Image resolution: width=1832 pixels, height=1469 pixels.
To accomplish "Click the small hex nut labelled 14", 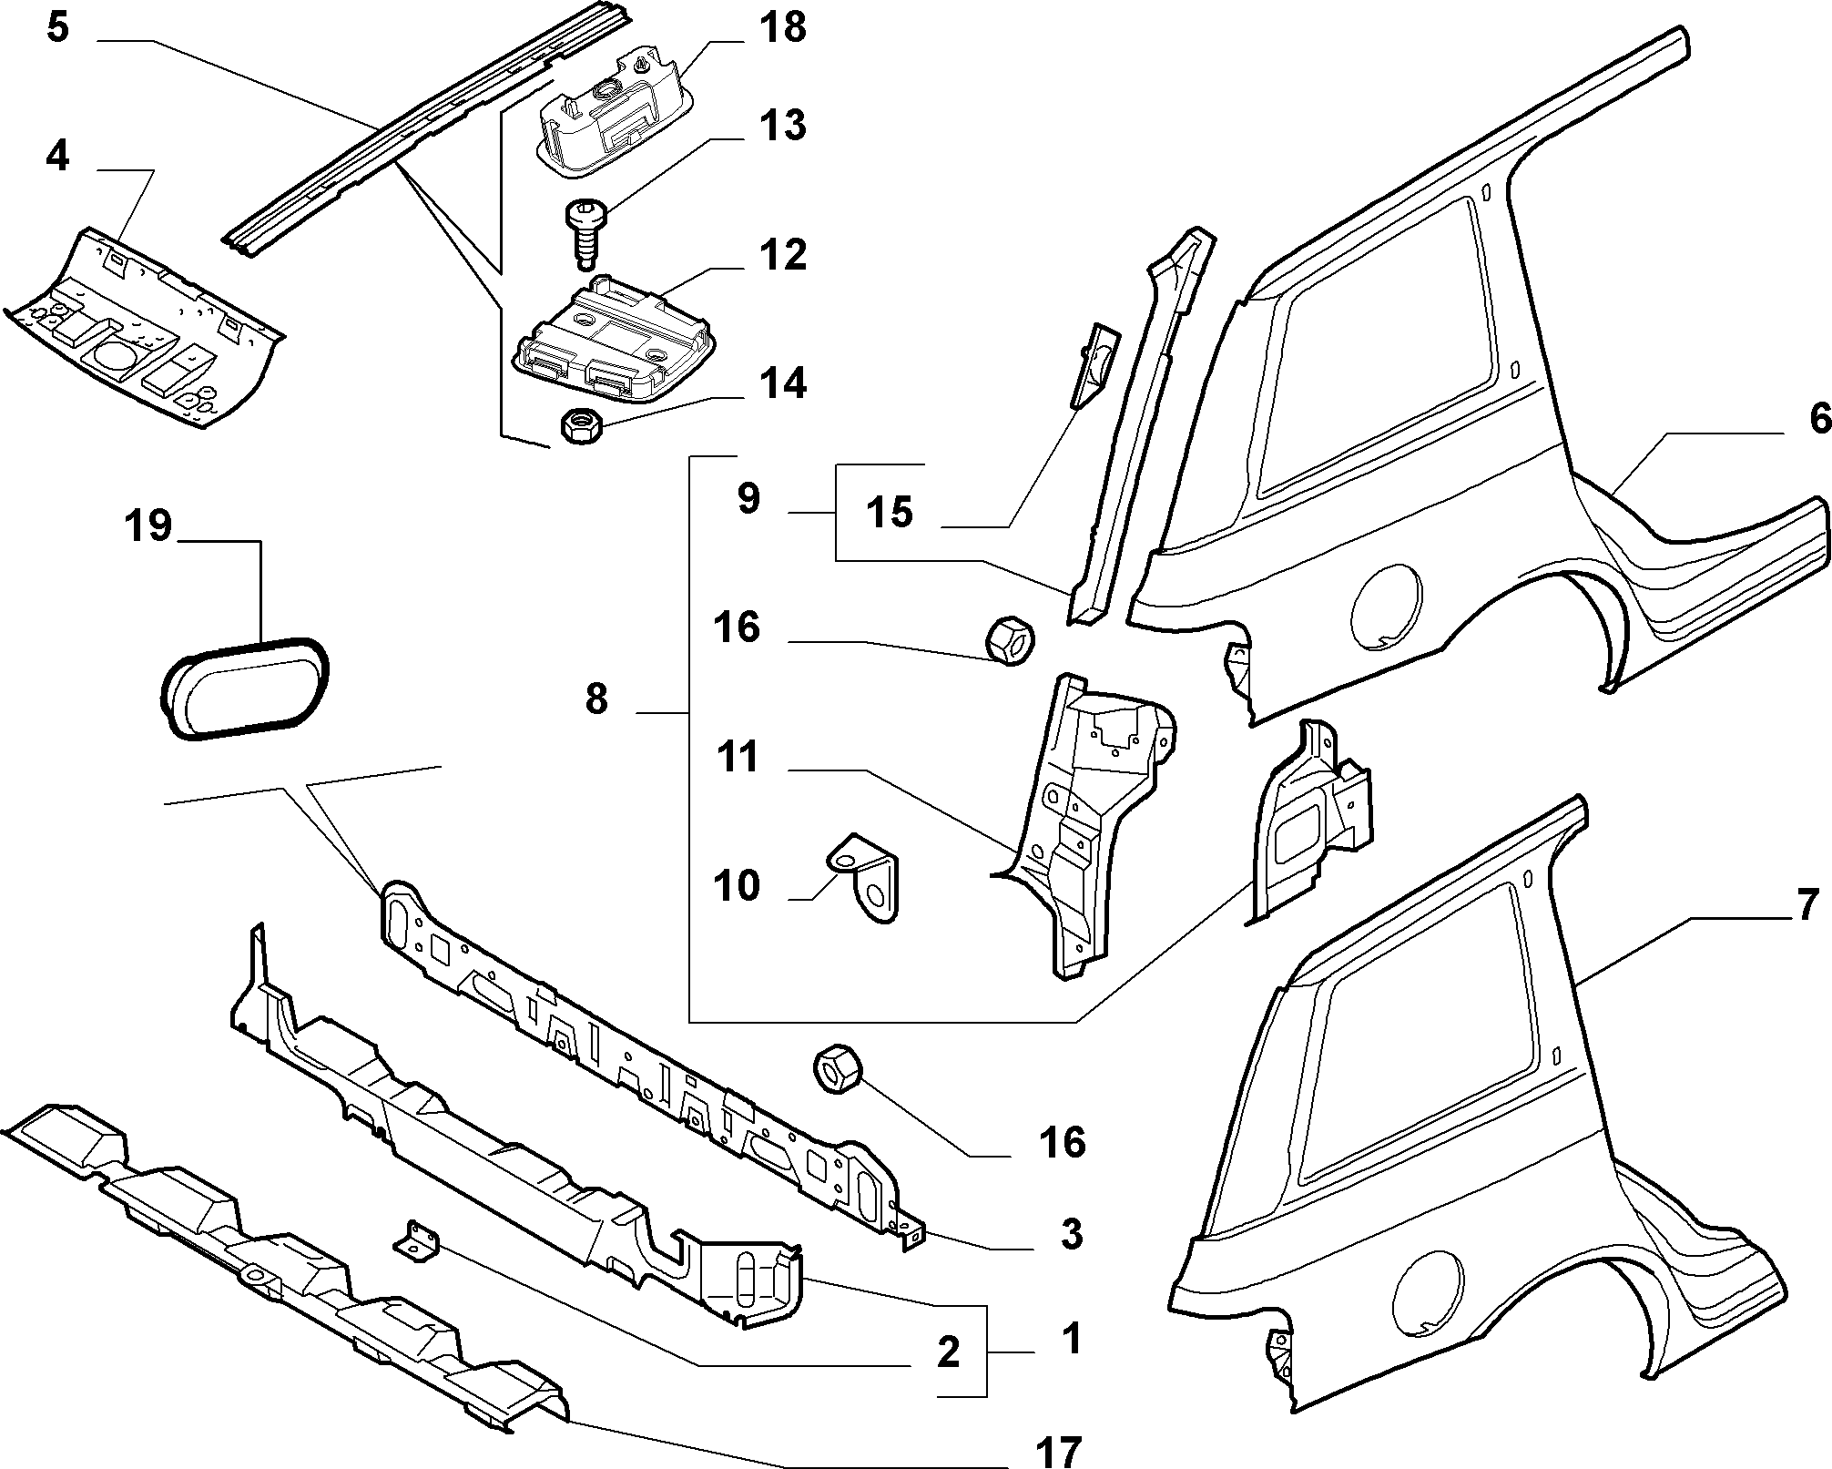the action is coord(579,425).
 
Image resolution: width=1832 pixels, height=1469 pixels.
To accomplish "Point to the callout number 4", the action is coord(57,157).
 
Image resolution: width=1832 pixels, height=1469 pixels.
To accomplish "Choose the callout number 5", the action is coord(57,27).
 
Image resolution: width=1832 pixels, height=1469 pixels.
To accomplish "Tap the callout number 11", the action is coord(737,756).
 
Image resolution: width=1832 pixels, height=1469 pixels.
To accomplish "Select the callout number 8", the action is coord(595,699).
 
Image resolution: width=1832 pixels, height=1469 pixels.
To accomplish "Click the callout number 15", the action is coord(890,512).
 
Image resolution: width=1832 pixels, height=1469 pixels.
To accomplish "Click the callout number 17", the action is coord(1060,1449).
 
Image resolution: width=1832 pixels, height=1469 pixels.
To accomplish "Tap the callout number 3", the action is coord(1072,1234).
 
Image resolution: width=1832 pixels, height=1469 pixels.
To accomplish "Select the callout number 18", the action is coord(782,27).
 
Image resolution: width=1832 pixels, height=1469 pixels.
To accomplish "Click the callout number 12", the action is coord(782,254).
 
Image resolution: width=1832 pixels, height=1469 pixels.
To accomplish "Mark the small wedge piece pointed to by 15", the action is coord(1094,365).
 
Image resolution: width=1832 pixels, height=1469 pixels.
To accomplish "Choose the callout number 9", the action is coord(748,498).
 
